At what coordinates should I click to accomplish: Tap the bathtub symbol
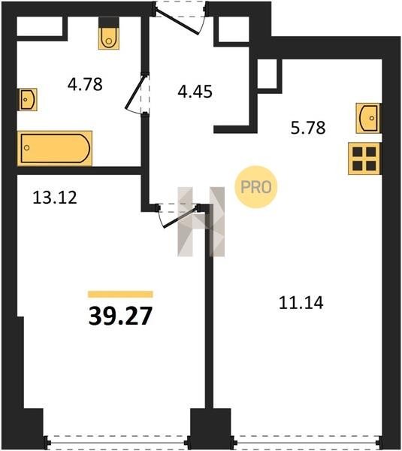click(55, 148)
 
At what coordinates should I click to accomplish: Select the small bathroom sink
click(29, 99)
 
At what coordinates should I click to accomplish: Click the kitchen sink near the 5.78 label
click(368, 118)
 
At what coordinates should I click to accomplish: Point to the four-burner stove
click(364, 159)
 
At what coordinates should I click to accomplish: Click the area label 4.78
click(85, 84)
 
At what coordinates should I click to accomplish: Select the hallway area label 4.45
click(195, 92)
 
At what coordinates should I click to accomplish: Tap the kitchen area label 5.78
click(308, 128)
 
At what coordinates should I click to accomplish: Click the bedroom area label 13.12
click(55, 198)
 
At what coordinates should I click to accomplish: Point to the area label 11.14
click(301, 303)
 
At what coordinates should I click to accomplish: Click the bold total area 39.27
click(120, 316)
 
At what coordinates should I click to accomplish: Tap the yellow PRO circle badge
click(256, 187)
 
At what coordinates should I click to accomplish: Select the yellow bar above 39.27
click(120, 294)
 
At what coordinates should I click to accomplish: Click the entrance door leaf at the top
click(177, 23)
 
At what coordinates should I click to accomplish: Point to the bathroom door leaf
click(135, 92)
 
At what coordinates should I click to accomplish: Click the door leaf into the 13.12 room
click(181, 216)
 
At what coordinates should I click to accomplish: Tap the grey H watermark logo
click(201, 222)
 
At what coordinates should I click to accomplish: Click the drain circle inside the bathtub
click(27, 148)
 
